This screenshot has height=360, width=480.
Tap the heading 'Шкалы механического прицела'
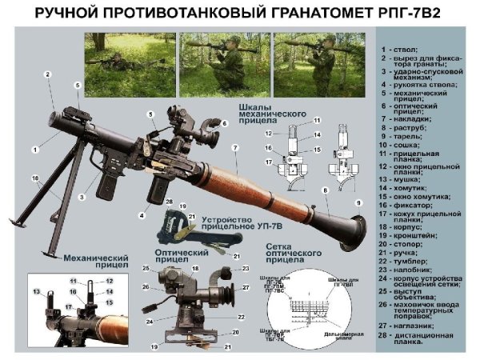click(273, 113)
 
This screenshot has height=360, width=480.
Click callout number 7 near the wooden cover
click(235, 149)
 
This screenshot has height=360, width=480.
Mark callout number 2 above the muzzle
click(48, 74)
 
